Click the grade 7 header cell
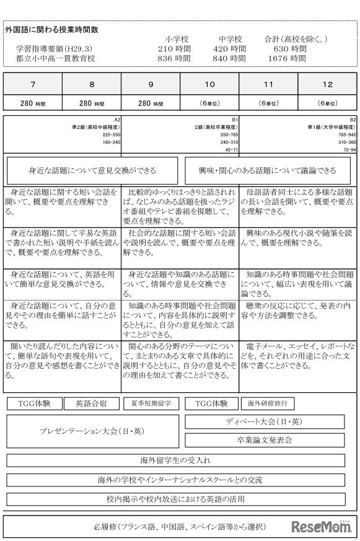[32, 84]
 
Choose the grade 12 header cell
[327, 84]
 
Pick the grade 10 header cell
[209, 84]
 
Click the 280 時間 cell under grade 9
[151, 103]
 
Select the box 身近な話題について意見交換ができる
[92, 170]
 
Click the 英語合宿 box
[91, 403]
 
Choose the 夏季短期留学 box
[151, 403]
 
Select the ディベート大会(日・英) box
[265, 422]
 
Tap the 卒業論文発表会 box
[265, 440]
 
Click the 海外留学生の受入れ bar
[175, 460]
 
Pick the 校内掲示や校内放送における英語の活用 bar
[175, 498]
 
